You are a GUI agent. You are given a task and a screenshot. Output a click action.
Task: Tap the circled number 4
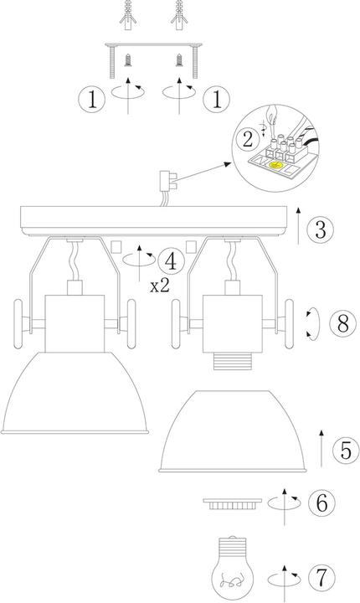point(171,260)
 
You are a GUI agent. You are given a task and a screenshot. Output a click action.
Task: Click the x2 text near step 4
point(162,286)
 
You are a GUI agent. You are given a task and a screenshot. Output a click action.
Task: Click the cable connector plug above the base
point(164,181)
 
